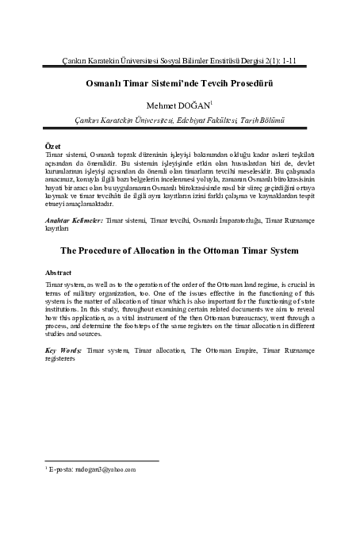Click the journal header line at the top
click(180, 60)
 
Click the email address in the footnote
click(108, 469)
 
